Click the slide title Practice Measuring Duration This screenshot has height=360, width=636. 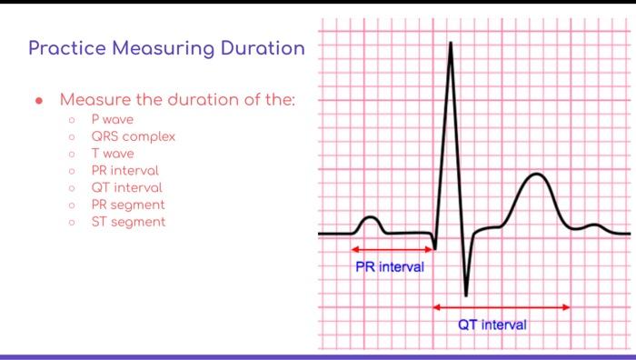pos(166,48)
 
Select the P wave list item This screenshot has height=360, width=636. pos(110,119)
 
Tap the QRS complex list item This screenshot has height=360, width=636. pos(133,136)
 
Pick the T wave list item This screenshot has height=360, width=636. pos(112,154)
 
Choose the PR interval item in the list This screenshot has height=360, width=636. pos(124,170)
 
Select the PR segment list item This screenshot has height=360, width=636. pos(127,205)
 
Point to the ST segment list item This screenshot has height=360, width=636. pos(127,221)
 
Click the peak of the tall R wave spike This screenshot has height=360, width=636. pos(449,44)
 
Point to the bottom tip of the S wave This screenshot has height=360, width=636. pos(466,295)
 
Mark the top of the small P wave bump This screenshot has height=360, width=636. pos(370,218)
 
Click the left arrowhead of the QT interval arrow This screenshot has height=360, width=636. pos(437,307)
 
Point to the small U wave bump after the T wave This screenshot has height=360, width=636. pos(594,225)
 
